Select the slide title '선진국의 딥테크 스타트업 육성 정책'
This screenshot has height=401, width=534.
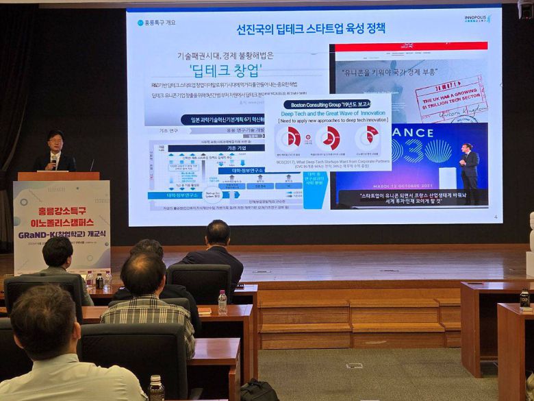pos(311,29)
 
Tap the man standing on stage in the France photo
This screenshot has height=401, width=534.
pos(470,167)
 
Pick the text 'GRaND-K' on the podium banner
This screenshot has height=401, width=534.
pos(42,232)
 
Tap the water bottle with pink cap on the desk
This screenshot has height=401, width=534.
pos(222,302)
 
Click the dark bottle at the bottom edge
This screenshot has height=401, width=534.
pos(156,389)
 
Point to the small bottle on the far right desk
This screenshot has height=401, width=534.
pos(524,299)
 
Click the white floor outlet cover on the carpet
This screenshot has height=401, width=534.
pos(354,366)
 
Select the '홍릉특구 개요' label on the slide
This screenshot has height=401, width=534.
pos(162,22)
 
